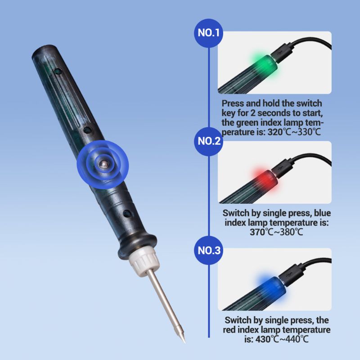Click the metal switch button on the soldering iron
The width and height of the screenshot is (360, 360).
coord(103,164)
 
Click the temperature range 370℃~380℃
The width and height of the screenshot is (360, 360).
coord(277,232)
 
